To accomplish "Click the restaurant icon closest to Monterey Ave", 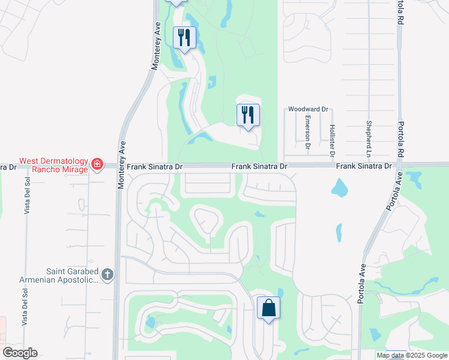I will tap(184, 38).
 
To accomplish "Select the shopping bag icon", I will tap(268, 308).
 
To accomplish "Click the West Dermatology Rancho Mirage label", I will tap(53, 164).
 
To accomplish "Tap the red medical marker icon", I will tap(97, 164).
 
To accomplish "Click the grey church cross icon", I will tap(107, 275).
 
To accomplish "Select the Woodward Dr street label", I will tap(308, 109).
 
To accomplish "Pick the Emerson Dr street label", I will tap(307, 132).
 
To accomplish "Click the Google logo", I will tap(20, 353).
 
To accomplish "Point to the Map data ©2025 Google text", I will tap(412, 355).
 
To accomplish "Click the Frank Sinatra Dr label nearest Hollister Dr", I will tap(363, 166).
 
